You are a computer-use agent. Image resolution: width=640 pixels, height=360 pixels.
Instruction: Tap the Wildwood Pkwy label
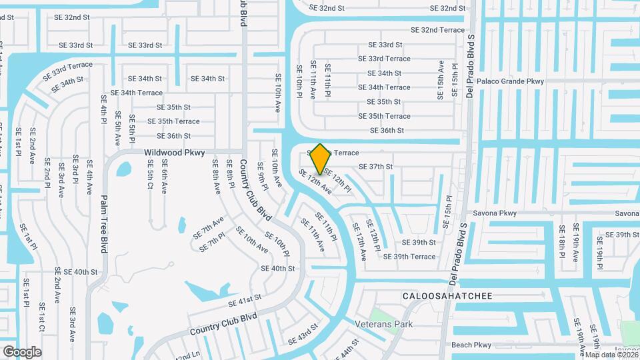pyautogui.click(x=174, y=153)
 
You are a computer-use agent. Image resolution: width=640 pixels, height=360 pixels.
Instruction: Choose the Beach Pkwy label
pyautogui.click(x=471, y=345)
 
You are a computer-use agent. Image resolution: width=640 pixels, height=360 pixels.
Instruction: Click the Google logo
pyautogui.click(x=22, y=351)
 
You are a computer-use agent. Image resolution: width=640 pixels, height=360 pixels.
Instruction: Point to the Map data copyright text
pyautogui.click(x=610, y=354)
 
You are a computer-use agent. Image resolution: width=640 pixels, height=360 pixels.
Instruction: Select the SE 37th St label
pyautogui.click(x=375, y=166)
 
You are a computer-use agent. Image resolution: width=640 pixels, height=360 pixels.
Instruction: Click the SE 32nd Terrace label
pyautogui.click(x=437, y=30)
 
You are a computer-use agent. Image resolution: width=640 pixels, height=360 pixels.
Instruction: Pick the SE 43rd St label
pyautogui.click(x=303, y=335)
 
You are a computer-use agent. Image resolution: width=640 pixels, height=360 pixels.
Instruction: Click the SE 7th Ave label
pyautogui.click(x=209, y=228)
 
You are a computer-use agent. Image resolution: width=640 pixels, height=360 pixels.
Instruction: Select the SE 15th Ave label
pyautogui.click(x=441, y=80)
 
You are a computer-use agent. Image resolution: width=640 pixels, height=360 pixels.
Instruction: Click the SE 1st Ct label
pyautogui.click(x=41, y=317)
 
